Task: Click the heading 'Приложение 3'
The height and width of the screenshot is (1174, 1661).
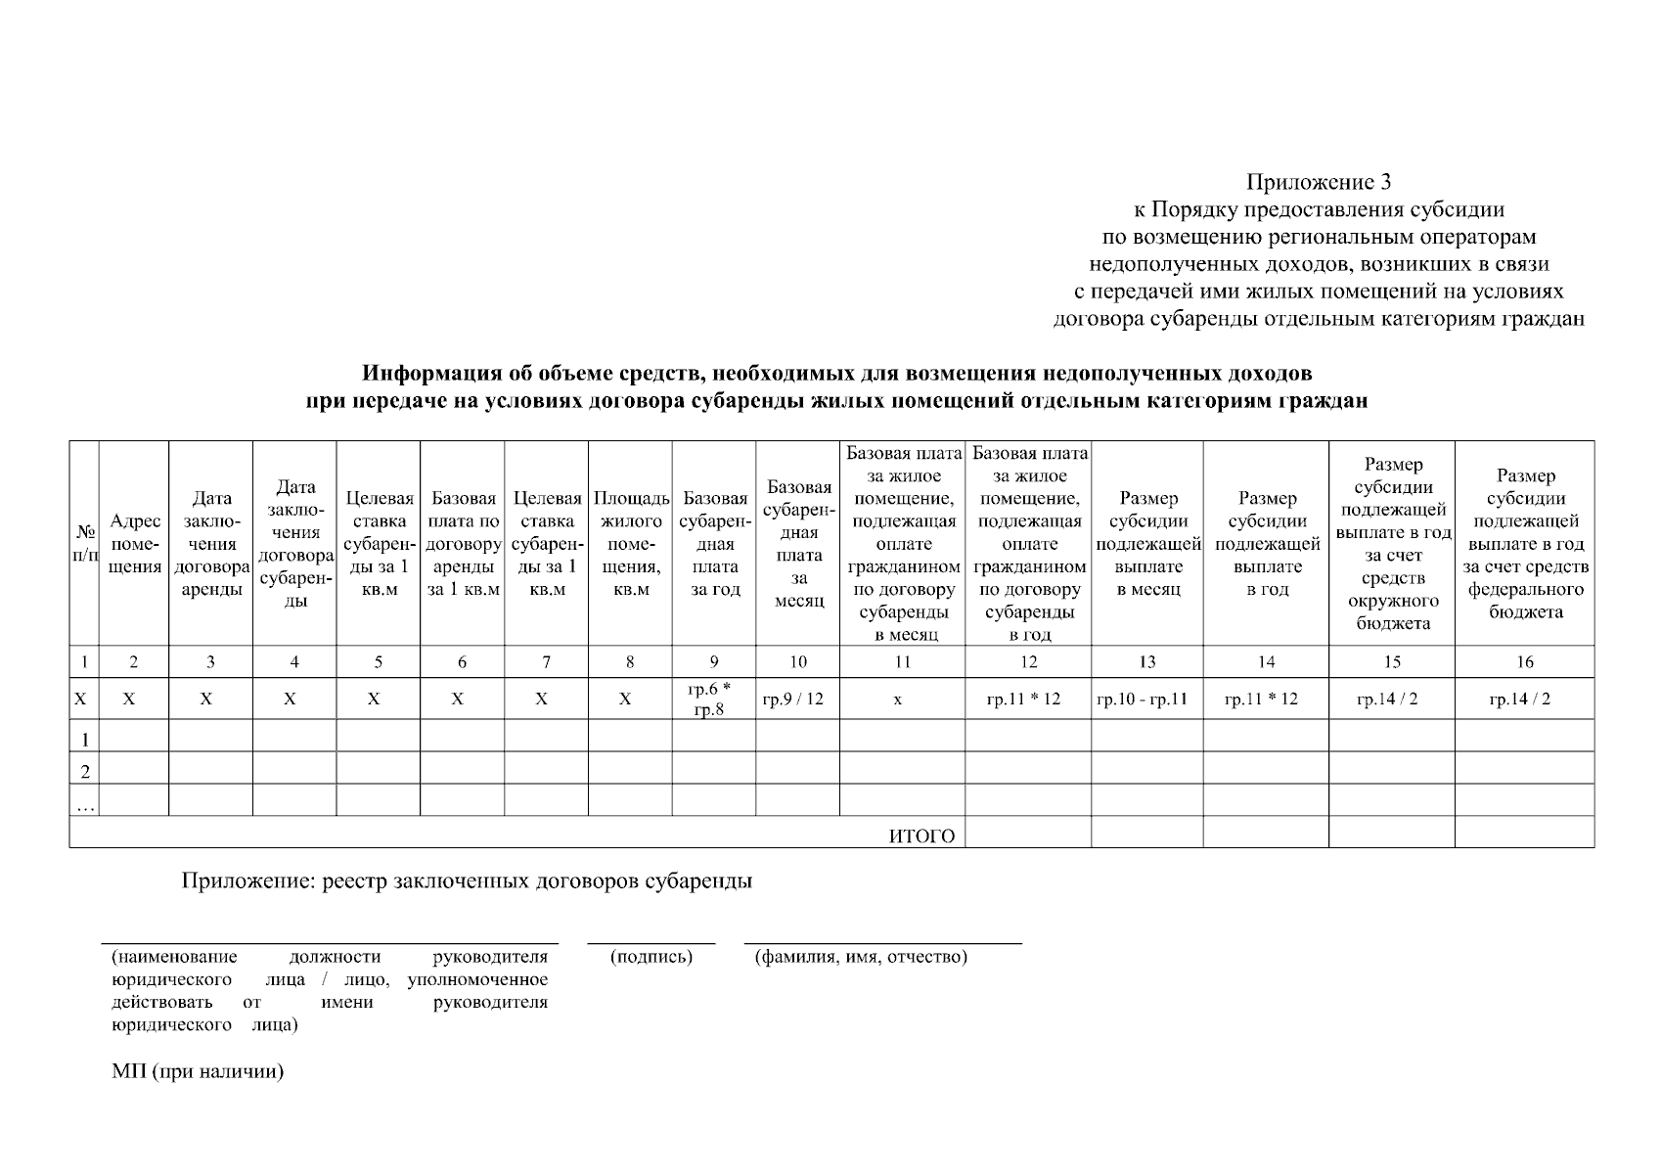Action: click(x=1318, y=182)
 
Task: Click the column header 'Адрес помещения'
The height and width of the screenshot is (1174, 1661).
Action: click(x=135, y=544)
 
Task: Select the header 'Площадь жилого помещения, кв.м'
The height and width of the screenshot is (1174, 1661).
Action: click(x=631, y=544)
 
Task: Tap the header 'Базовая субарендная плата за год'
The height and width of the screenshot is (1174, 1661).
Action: click(x=715, y=544)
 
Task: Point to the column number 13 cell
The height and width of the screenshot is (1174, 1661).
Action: click(x=1147, y=662)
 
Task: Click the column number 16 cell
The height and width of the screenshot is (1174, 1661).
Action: click(x=1524, y=662)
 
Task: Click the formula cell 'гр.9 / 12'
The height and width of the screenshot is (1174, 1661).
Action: click(x=798, y=700)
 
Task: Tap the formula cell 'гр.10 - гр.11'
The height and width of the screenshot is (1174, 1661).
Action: click(x=1148, y=700)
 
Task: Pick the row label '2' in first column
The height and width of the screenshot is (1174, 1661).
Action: click(x=85, y=770)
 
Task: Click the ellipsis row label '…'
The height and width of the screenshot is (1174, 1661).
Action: click(x=85, y=803)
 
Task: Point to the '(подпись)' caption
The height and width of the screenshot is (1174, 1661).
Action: click(x=651, y=957)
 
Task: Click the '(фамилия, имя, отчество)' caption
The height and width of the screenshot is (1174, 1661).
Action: click(x=861, y=957)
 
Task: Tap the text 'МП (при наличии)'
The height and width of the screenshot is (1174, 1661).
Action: click(x=198, y=1071)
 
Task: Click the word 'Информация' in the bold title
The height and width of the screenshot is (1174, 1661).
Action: click(x=426, y=375)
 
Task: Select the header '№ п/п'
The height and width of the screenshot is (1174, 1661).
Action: click(x=85, y=544)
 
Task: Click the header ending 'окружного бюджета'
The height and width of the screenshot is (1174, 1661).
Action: click(x=1392, y=544)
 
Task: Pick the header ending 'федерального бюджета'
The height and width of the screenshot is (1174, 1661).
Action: click(x=1525, y=544)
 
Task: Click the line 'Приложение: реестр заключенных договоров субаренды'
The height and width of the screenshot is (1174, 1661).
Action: click(x=467, y=880)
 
